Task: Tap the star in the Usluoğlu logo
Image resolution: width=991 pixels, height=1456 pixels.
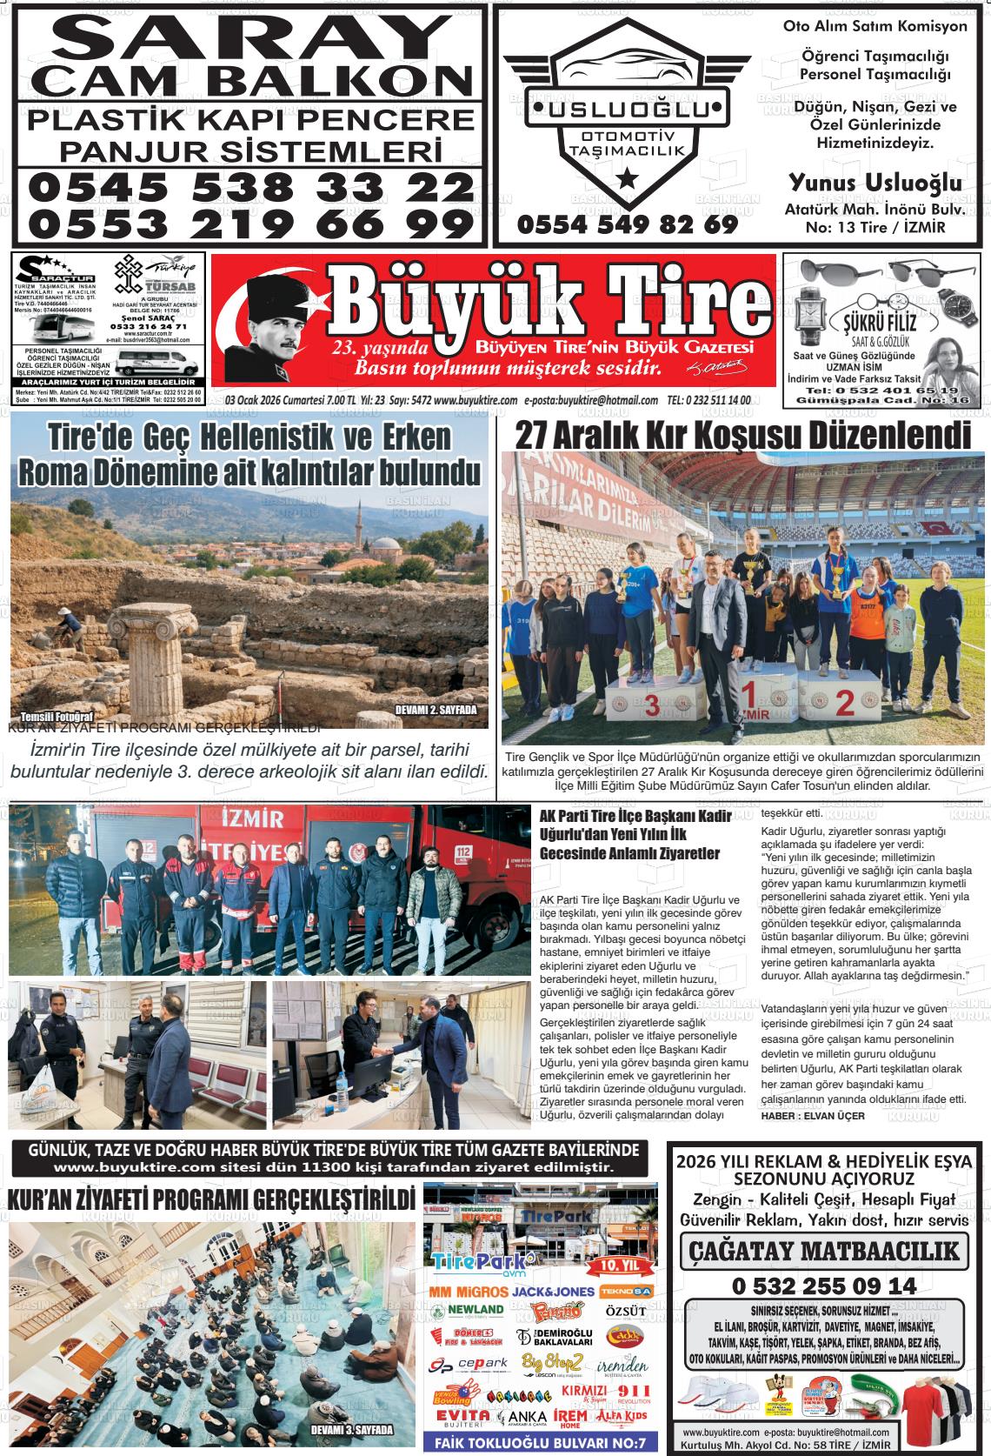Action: tap(625, 180)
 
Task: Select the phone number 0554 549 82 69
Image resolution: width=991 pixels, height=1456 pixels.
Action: tap(627, 224)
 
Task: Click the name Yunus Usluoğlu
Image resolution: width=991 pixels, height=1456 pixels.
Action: tap(875, 183)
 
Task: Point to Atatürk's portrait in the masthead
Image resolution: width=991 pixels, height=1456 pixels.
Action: tap(262, 326)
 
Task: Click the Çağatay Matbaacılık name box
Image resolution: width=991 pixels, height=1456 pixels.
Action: tap(824, 1251)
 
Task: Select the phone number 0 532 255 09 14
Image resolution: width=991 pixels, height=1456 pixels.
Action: tap(824, 1286)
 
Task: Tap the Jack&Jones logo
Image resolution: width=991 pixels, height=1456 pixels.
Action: tap(554, 1292)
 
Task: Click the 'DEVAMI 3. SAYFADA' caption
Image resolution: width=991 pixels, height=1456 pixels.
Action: tap(352, 1429)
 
